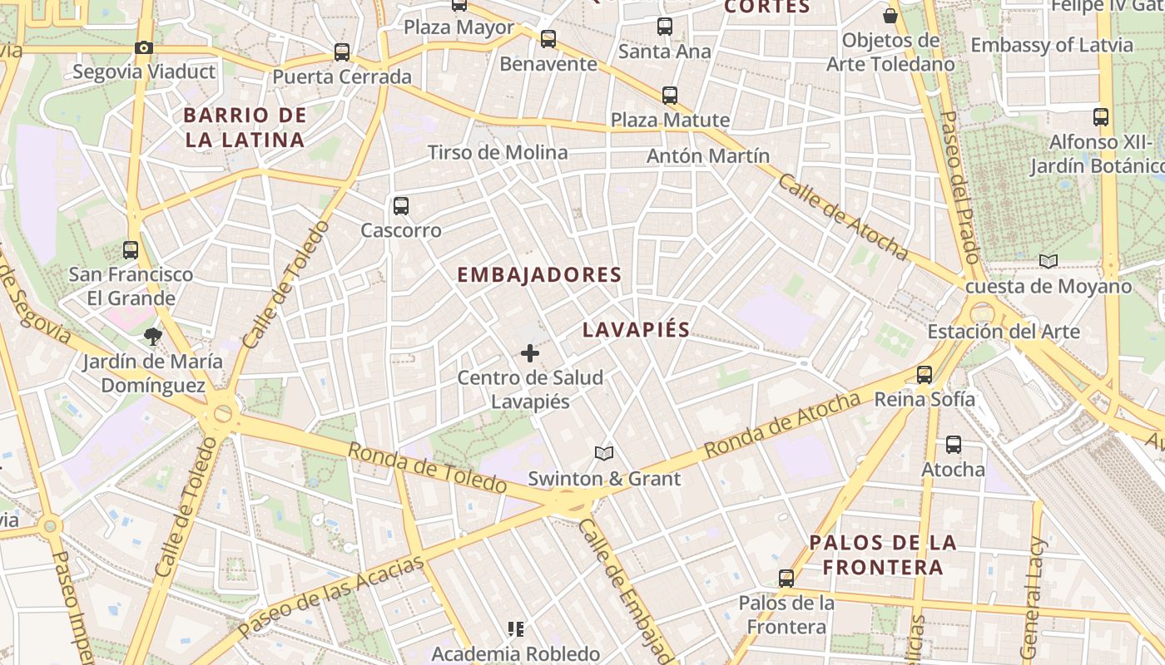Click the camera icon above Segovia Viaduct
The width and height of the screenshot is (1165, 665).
point(144,47)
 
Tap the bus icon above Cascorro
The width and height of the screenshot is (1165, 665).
point(401,205)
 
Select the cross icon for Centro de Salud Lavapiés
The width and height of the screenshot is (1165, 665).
point(530,353)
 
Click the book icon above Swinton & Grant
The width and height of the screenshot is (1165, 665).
point(604,454)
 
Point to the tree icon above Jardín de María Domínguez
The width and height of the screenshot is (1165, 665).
point(152,337)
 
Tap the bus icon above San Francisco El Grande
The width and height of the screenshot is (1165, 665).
point(131,249)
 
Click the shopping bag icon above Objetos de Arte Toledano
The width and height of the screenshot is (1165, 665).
point(890,16)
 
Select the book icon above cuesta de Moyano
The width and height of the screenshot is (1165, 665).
point(1048,262)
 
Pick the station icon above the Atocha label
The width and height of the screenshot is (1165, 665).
point(954,445)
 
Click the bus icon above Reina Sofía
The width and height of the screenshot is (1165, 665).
point(925,374)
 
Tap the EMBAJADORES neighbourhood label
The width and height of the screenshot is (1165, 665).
point(539,274)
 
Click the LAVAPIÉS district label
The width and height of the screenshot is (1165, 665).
point(637,329)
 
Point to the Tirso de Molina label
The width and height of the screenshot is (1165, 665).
point(498,152)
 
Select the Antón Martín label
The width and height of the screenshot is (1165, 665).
point(708,155)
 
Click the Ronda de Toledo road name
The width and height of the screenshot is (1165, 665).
point(427,467)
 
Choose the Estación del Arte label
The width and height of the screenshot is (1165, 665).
point(1004,332)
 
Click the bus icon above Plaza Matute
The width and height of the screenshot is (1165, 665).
point(670,96)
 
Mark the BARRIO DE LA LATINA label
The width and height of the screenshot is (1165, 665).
point(245,127)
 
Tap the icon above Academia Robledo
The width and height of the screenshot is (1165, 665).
point(516,629)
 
